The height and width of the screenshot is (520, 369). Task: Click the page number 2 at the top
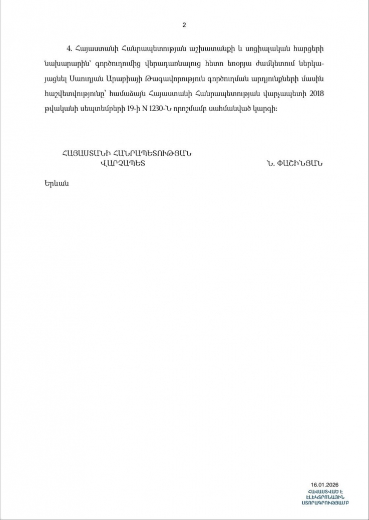[184, 25]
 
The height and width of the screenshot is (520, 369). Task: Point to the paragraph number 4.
[69, 48]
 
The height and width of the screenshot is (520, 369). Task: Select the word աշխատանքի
[192, 48]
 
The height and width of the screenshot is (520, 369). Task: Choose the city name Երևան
[56, 183]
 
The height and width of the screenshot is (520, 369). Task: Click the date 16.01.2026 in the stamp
[325, 484]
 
